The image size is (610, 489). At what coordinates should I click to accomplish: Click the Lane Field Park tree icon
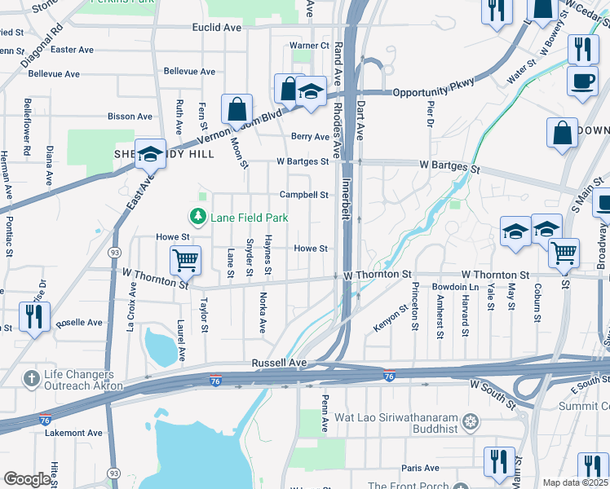click(x=197, y=217)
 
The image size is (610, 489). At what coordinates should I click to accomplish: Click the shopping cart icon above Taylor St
click(x=185, y=260)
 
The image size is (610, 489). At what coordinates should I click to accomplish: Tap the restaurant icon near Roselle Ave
click(x=33, y=316)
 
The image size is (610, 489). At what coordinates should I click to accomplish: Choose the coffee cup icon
click(x=582, y=81)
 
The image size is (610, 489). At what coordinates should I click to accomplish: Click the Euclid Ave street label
click(x=217, y=27)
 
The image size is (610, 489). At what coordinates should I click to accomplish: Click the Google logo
click(x=27, y=479)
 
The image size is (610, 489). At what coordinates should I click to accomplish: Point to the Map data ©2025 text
click(x=574, y=482)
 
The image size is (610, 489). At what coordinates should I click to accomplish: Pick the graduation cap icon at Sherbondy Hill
click(x=150, y=152)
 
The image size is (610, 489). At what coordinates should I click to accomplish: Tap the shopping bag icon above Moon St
click(x=236, y=108)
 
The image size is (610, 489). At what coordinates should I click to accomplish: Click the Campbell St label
click(x=303, y=195)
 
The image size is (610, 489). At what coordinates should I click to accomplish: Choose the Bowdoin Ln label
click(x=455, y=288)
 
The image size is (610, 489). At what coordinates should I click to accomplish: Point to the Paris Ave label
click(x=420, y=469)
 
